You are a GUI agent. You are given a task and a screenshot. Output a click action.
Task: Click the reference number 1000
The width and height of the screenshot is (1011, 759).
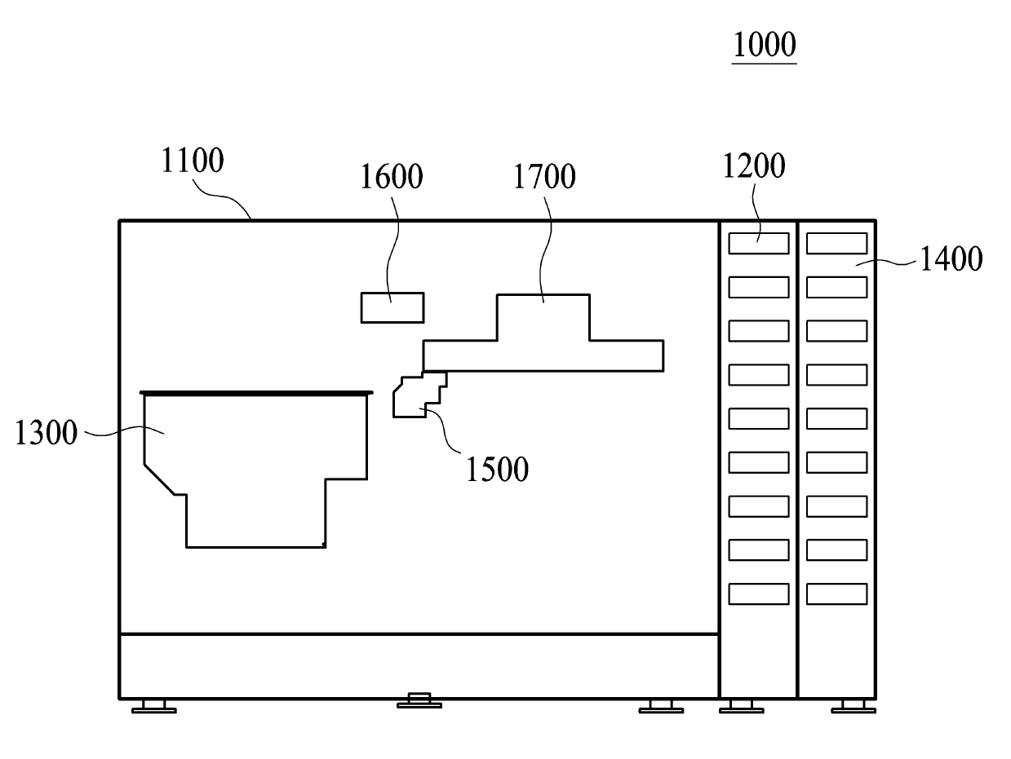click(763, 45)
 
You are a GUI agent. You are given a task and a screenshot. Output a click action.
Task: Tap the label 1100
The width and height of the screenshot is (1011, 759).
click(192, 161)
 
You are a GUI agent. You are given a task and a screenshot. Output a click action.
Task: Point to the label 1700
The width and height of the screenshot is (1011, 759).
click(544, 176)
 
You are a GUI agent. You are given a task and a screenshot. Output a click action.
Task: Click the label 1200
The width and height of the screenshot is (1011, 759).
click(754, 165)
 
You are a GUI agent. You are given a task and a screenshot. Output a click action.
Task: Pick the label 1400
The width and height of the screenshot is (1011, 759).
click(951, 259)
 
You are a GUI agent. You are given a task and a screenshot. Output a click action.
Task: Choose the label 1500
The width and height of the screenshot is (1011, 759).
click(497, 469)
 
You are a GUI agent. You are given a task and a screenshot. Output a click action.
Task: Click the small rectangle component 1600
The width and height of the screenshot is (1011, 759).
click(392, 307)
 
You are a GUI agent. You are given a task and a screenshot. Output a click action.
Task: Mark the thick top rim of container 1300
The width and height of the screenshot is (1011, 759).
click(257, 392)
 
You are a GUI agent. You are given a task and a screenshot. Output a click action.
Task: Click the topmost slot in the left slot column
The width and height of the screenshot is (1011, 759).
click(759, 243)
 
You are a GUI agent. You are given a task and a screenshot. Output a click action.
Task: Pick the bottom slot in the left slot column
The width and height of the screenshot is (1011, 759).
click(759, 594)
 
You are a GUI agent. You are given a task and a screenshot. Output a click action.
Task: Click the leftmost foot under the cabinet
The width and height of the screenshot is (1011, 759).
click(153, 706)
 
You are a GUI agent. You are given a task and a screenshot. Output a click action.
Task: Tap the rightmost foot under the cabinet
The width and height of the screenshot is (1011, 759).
click(853, 706)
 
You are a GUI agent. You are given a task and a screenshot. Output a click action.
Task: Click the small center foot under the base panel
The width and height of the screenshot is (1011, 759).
click(419, 700)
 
